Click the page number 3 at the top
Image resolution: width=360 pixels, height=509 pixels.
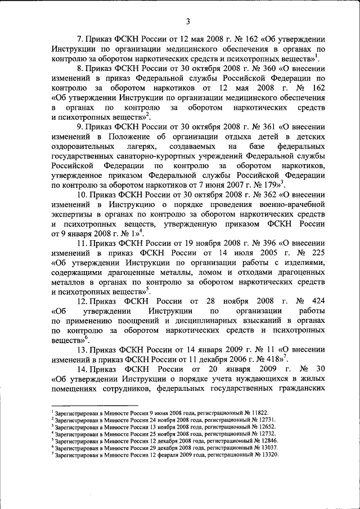click(x=188, y=21)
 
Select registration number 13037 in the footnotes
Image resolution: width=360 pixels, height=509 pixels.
click(x=268, y=448)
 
